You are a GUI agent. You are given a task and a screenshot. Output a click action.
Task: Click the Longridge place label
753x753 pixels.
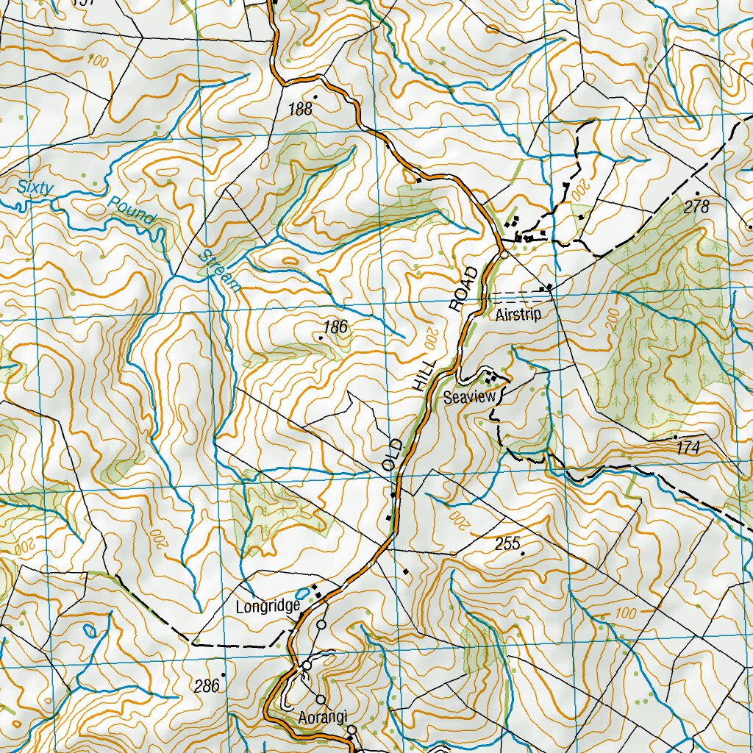point(268,607)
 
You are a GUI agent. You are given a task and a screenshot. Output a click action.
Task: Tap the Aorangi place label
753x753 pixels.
point(322,717)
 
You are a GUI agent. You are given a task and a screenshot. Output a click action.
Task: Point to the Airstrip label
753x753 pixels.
point(518,315)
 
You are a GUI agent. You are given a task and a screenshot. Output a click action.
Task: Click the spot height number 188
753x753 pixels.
point(300,110)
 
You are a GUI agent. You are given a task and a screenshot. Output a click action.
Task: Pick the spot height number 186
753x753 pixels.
point(335,327)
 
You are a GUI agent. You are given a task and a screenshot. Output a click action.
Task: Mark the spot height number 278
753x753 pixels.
point(696,207)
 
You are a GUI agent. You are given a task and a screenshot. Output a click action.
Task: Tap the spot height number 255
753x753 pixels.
point(507,544)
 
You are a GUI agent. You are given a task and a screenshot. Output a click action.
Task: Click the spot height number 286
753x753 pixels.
point(207,687)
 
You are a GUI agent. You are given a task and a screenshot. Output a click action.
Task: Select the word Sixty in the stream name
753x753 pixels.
point(36,188)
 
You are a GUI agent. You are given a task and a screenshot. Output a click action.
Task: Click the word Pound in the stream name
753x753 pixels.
point(131,210)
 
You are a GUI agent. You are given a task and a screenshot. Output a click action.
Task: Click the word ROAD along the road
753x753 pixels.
point(465,289)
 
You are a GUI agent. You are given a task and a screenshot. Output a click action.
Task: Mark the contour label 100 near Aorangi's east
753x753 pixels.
point(626,612)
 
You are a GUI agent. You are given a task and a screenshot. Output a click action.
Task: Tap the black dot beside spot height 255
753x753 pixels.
point(523,552)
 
